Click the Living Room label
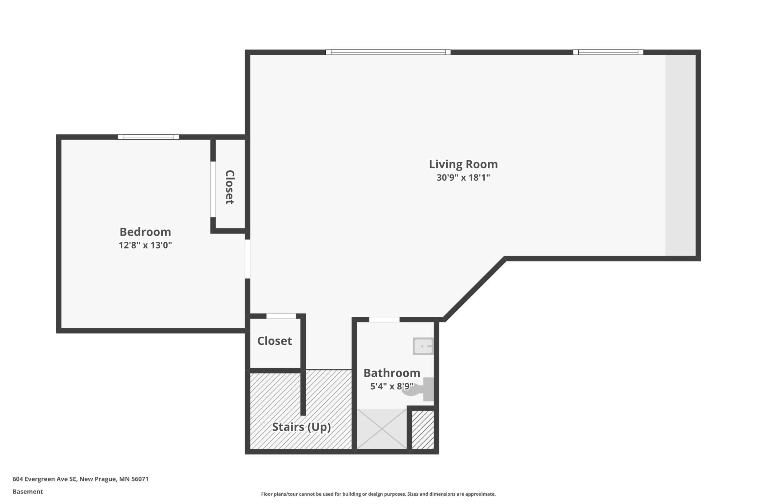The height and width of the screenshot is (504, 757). pyautogui.click(x=463, y=164)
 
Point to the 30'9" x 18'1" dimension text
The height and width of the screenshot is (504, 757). pyautogui.click(x=463, y=177)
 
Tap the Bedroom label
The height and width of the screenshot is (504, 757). pyautogui.click(x=145, y=232)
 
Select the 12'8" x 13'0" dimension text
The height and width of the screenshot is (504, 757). pyautogui.click(x=145, y=245)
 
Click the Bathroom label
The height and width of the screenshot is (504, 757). pyautogui.click(x=392, y=373)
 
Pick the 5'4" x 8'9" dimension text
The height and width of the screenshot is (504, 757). pyautogui.click(x=392, y=386)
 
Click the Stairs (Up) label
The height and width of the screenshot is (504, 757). pyautogui.click(x=301, y=427)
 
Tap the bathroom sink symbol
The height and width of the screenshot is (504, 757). pyautogui.click(x=423, y=346)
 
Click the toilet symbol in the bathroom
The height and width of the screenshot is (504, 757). pyautogui.click(x=419, y=389)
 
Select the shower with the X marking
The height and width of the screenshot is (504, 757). pyautogui.click(x=382, y=429)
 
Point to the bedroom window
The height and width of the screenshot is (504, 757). pyautogui.click(x=148, y=137)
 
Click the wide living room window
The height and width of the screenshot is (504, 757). pyautogui.click(x=388, y=52)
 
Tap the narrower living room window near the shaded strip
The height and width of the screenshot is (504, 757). pyautogui.click(x=608, y=52)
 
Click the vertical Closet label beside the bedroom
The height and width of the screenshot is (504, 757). pyautogui.click(x=230, y=187)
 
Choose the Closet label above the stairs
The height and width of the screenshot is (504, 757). pyautogui.click(x=274, y=341)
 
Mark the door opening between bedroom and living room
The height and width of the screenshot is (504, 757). pyautogui.click(x=247, y=259)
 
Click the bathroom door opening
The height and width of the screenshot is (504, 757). pyautogui.click(x=384, y=319)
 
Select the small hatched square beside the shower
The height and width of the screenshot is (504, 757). pyautogui.click(x=423, y=430)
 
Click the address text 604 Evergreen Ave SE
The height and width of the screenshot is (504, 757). pyautogui.click(x=45, y=479)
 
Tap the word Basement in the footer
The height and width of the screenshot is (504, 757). pyautogui.click(x=28, y=492)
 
